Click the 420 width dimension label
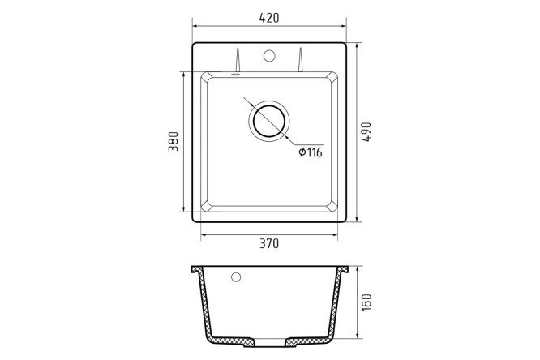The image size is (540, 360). pos(269,18)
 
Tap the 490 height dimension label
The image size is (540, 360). pos(366,131)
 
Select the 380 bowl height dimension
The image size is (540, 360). pos(174,141)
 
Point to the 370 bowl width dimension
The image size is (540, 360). pos(269,243)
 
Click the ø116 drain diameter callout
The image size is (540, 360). pos(311,152)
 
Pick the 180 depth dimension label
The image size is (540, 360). pos(366,302)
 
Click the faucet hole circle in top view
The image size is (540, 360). pos(269,56)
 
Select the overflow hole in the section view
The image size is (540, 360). pos(236,276)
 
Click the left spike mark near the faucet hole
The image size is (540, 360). pos(238,60)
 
